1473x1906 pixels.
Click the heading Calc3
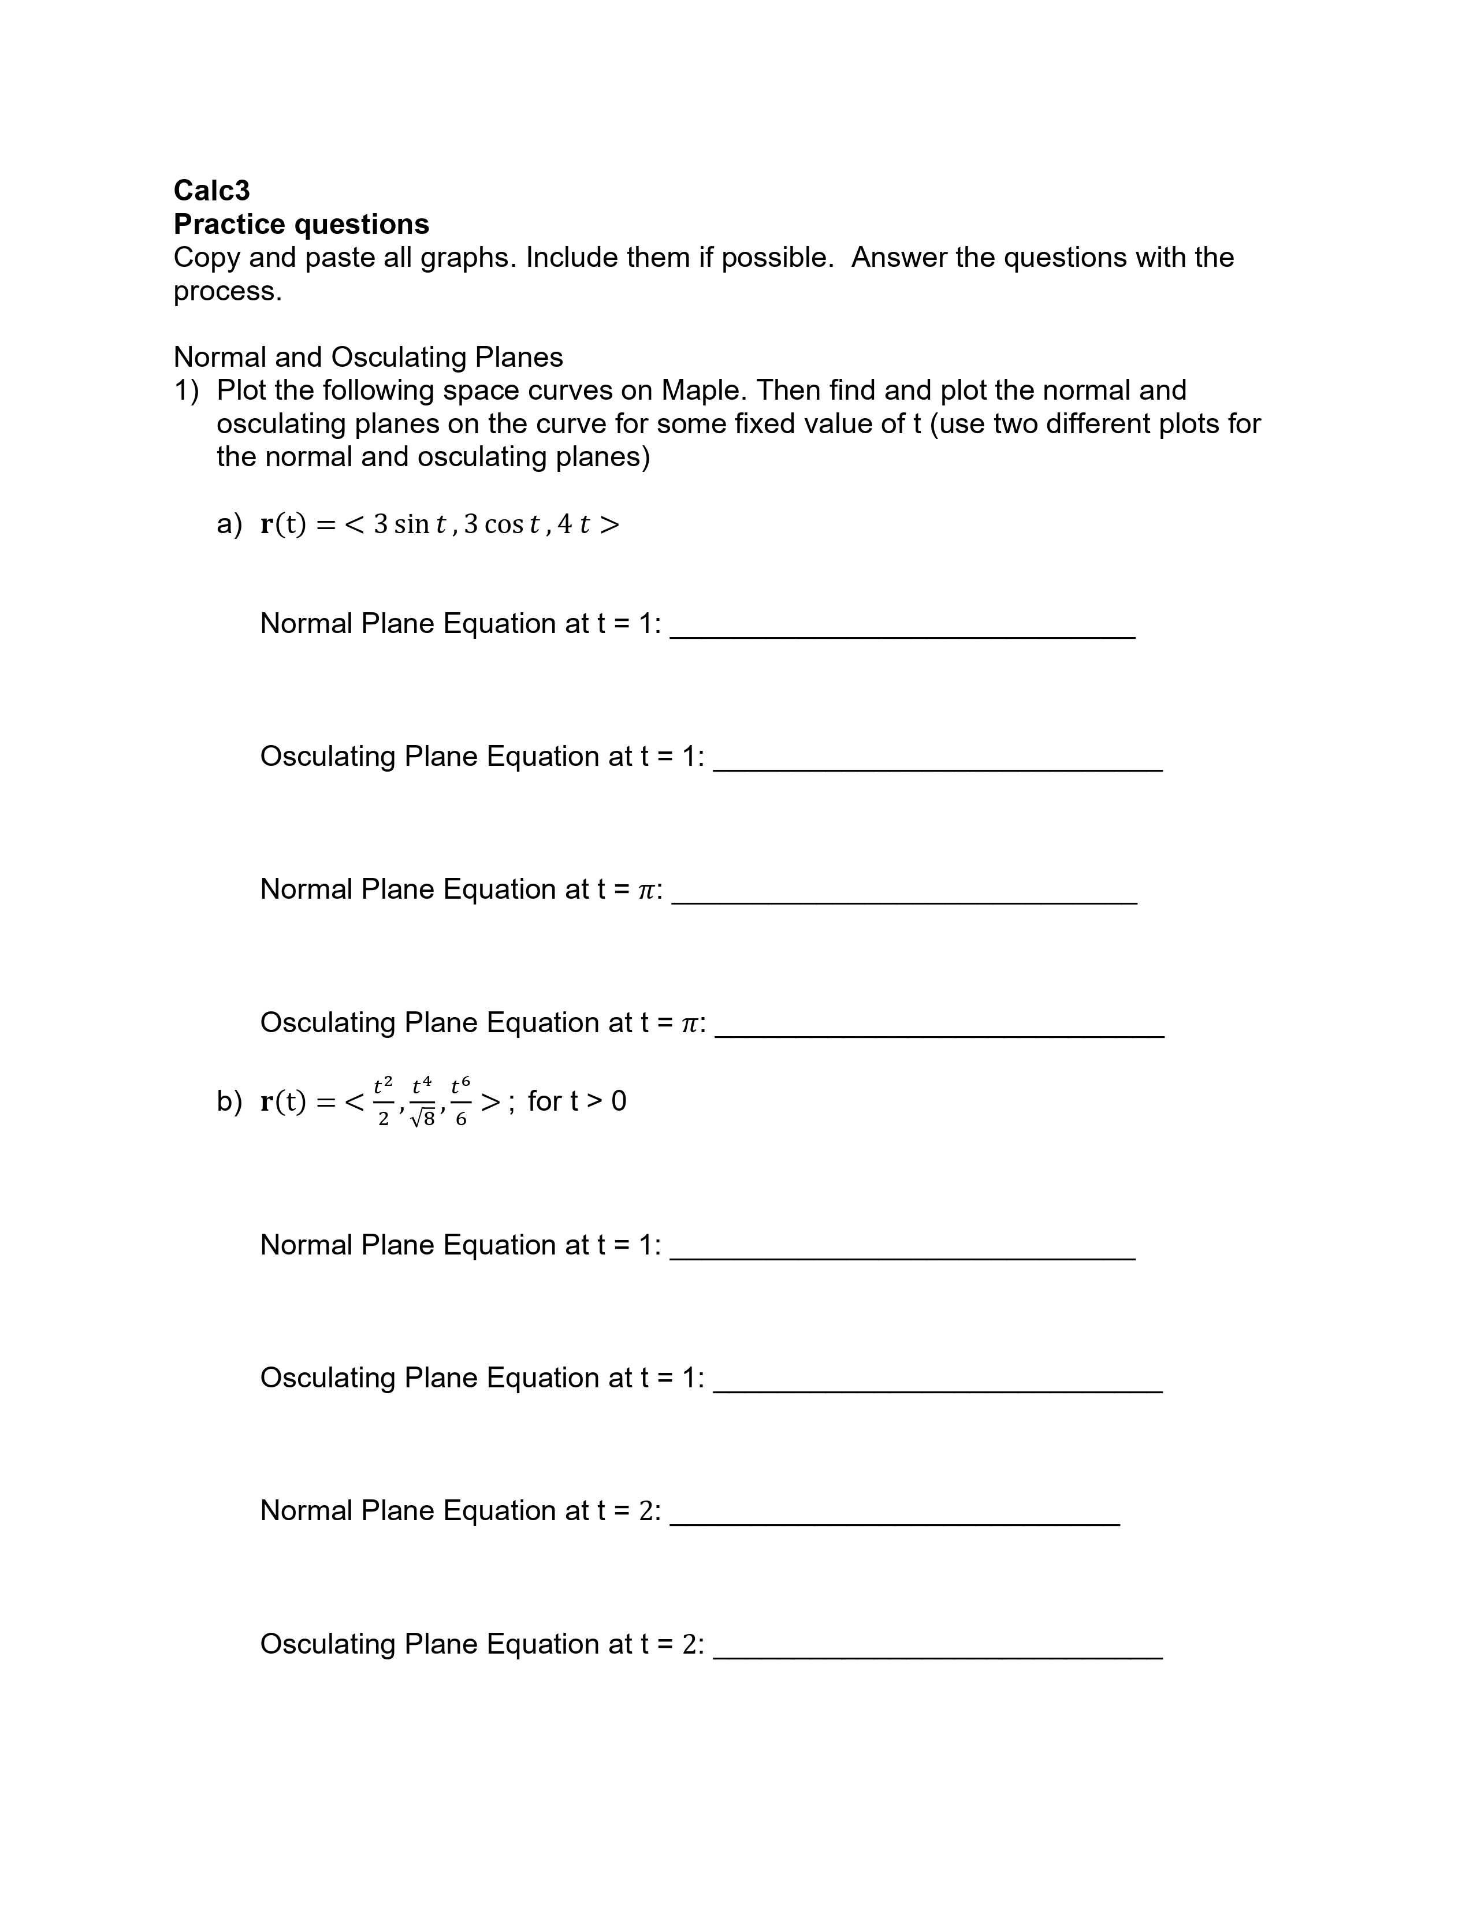click(x=211, y=189)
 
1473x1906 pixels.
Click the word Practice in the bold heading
click(x=229, y=224)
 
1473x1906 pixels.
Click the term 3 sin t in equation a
click(x=410, y=524)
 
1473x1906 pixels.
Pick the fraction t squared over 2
click(x=383, y=1101)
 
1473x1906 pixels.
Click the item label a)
click(x=229, y=524)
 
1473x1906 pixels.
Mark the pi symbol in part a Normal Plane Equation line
click(x=646, y=889)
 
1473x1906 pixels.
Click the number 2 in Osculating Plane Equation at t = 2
click(x=690, y=1644)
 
